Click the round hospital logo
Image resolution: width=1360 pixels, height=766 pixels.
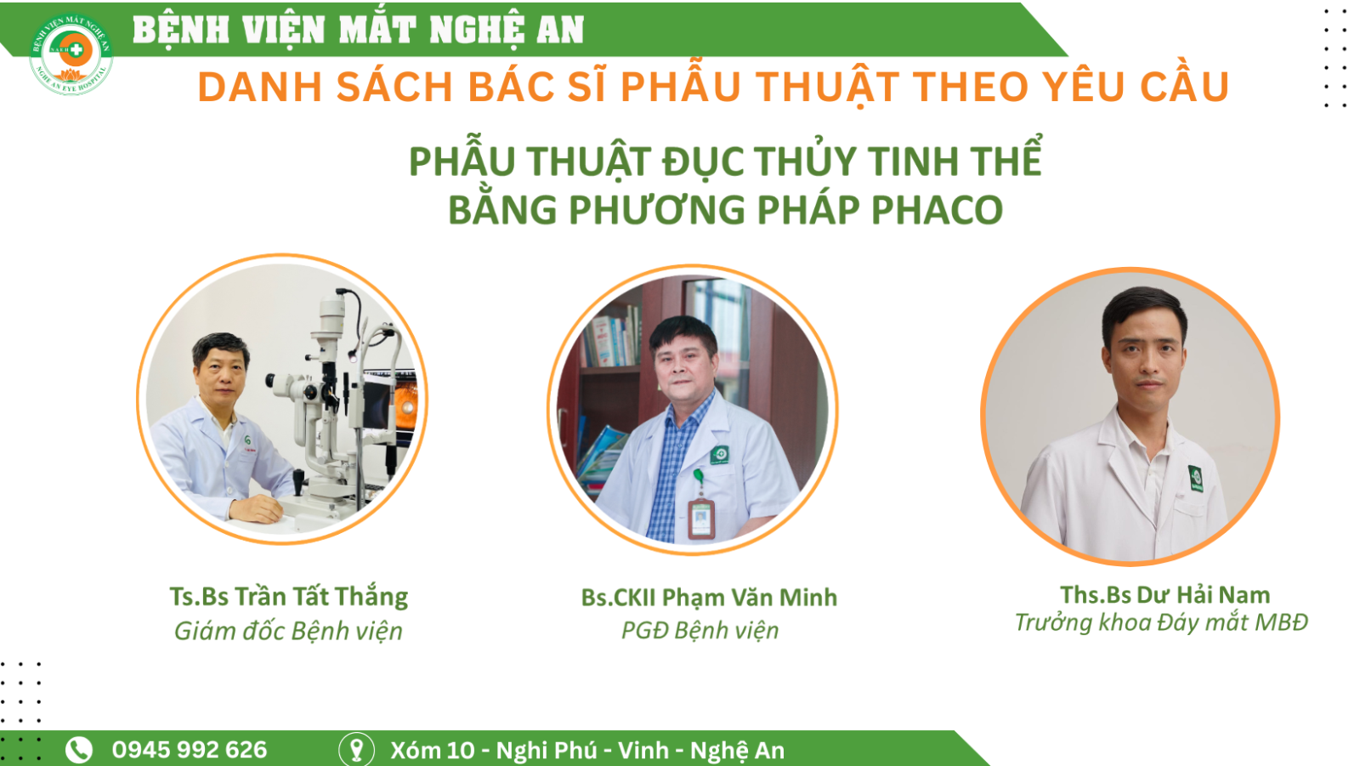71,54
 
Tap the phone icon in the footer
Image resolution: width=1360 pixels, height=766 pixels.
79,750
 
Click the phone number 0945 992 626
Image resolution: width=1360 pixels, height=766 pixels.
190,750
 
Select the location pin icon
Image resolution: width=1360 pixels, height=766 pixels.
356,750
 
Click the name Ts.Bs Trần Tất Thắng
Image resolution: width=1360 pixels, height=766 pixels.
288,597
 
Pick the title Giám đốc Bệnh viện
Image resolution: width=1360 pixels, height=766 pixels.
288,631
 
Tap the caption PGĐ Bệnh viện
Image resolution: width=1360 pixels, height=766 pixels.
700,631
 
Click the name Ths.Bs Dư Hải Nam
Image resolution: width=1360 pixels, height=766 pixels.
1165,595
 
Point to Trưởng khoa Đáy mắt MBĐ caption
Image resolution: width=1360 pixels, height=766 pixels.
1161,622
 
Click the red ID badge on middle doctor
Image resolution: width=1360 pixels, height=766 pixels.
701,518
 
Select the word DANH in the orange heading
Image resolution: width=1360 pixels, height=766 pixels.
259,87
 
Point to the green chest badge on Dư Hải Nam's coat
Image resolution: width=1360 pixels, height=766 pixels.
1195,478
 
